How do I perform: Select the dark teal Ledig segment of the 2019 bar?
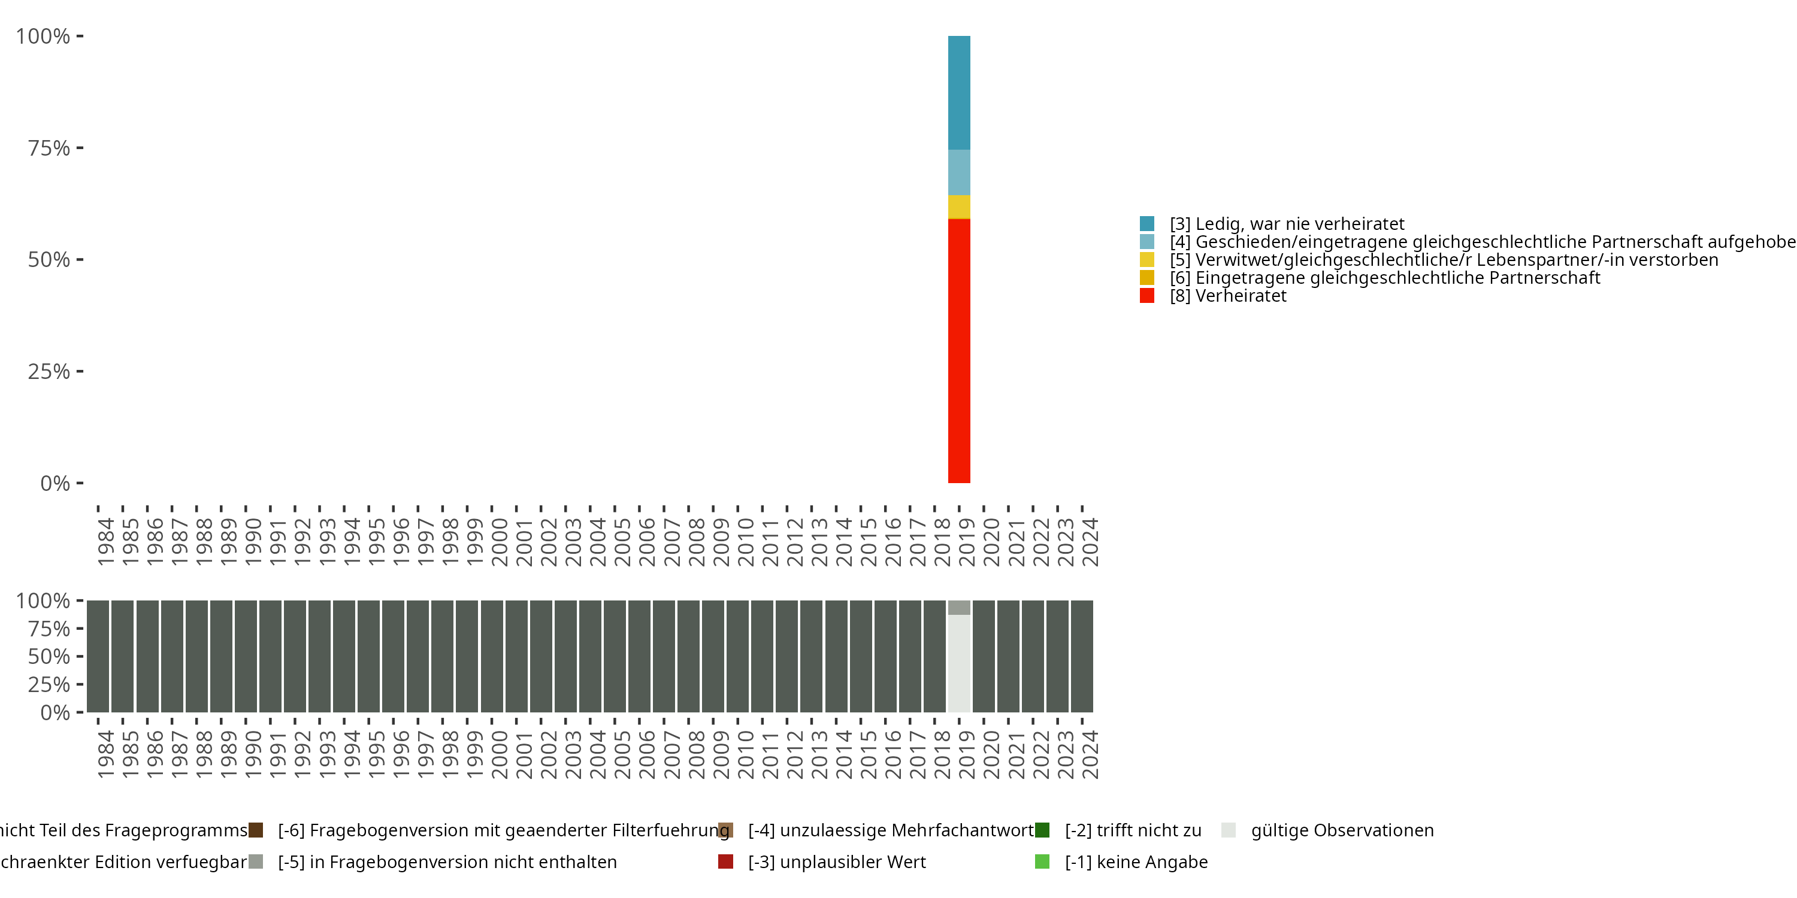(x=958, y=93)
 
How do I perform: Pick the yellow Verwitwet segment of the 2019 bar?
(x=958, y=207)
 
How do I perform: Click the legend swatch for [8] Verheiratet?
(x=1147, y=296)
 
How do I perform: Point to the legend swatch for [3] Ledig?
(x=1147, y=224)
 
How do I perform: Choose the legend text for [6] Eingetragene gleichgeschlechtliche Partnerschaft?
(x=1397, y=278)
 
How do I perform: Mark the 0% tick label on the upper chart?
(x=55, y=483)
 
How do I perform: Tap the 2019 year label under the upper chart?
(x=967, y=542)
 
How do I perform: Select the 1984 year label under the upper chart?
(x=106, y=542)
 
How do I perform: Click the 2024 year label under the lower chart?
(x=1090, y=754)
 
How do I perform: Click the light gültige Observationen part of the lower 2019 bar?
(x=958, y=662)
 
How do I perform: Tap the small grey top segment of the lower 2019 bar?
(x=958, y=607)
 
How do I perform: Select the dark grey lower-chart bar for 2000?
(x=491, y=656)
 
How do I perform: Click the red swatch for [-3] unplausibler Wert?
(x=725, y=861)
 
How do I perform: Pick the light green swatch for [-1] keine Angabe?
(x=1042, y=861)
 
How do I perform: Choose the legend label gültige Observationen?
(x=1342, y=830)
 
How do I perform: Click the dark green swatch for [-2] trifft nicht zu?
(x=1042, y=830)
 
